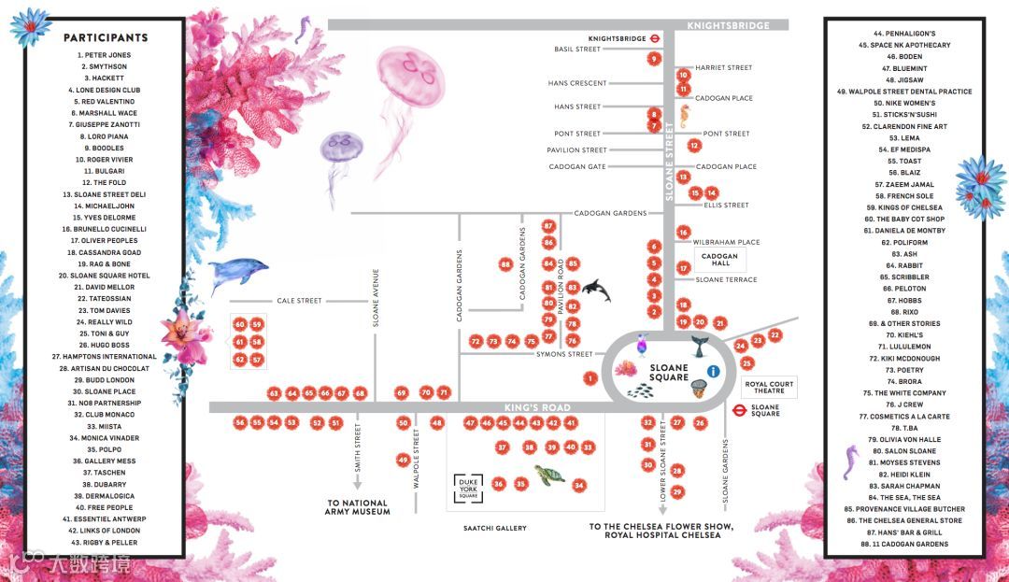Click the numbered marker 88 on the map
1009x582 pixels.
[x=505, y=264]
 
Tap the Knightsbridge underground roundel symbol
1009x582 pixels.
[x=657, y=38]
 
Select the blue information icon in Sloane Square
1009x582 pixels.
[x=714, y=371]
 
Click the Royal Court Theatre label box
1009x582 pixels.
[x=769, y=388]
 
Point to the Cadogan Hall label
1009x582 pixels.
[x=719, y=260]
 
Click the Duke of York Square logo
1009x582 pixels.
[x=468, y=487]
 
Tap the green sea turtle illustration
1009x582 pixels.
[x=550, y=475]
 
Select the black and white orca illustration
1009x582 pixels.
[x=595, y=291]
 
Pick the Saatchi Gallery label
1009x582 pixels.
[x=494, y=529]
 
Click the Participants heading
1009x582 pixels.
[x=106, y=38]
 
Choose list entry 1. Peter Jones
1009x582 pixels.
[x=106, y=55]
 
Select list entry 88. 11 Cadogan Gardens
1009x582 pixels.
[x=903, y=544]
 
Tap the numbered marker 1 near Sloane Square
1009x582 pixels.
[x=590, y=378]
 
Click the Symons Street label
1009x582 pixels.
[x=563, y=354]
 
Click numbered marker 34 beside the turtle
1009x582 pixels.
[x=579, y=485]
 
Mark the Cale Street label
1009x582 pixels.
[x=298, y=301]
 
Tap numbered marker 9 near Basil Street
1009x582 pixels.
[x=654, y=59]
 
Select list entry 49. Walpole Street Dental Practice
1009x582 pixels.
[x=903, y=92]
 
